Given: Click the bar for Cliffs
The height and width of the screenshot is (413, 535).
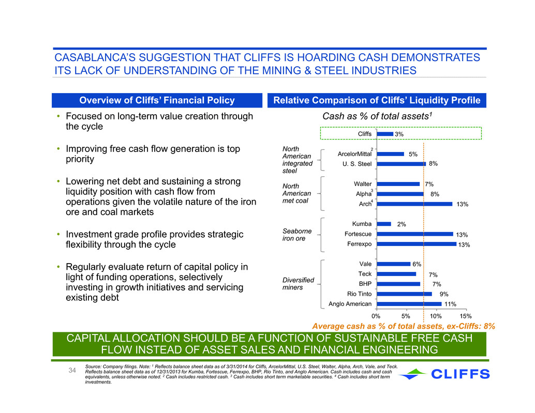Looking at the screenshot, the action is coord(385,134).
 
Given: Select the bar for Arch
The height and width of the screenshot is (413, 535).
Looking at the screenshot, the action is coord(414,204).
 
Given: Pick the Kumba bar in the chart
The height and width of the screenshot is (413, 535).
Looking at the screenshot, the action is coord(384,224).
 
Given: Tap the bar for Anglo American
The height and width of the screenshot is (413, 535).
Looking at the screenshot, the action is coord(409,304).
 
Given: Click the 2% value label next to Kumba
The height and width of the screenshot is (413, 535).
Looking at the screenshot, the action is coord(402,224).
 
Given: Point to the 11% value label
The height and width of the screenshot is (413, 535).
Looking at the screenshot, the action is coord(450,304).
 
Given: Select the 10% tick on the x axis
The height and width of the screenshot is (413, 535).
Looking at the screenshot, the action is coord(436,316).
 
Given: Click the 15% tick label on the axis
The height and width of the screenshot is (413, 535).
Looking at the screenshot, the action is coord(465,316).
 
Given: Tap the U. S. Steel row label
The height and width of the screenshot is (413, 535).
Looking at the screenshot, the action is coord(357,164).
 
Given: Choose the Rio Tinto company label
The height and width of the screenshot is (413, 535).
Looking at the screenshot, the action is coord(359,294).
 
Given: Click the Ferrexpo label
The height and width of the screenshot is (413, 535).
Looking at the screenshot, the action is coord(359,244).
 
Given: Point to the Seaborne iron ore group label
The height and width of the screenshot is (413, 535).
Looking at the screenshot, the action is coord(297,235).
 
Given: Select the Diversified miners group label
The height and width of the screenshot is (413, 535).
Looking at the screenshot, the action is coord(298,283).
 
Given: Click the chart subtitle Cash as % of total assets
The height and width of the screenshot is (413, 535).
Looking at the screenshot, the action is coord(377,116).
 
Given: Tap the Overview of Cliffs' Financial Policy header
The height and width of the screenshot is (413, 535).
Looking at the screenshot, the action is coord(157,100).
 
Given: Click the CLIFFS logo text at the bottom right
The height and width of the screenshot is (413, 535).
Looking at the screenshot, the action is coord(460,374).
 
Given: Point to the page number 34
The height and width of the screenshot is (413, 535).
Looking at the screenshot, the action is coord(72,370).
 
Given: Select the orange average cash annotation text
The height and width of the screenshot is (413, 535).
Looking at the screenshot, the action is coord(404,326).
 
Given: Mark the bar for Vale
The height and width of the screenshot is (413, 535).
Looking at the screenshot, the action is coord(393,264).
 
